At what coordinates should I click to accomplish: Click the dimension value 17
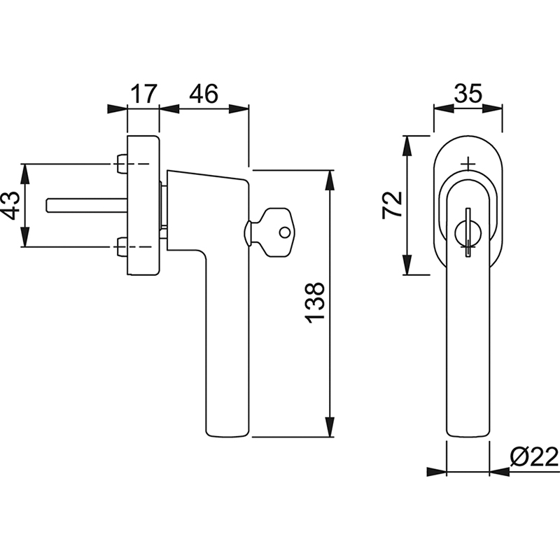143,94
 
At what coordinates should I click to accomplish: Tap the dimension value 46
203,94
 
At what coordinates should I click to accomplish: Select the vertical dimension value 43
10,205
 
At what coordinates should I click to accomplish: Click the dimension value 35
468,94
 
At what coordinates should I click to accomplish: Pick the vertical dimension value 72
392,205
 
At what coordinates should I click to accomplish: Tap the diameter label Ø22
534,457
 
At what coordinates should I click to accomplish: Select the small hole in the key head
285,232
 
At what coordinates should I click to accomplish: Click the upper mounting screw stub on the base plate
122,164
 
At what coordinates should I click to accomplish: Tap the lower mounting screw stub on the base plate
122,247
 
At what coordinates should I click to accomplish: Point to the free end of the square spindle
48,205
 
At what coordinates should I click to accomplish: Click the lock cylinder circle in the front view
468,234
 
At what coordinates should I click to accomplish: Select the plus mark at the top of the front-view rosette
468,164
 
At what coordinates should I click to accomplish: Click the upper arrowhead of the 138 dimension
330,181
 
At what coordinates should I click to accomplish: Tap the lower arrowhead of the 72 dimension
407,265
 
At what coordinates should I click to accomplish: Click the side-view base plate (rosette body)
143,205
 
